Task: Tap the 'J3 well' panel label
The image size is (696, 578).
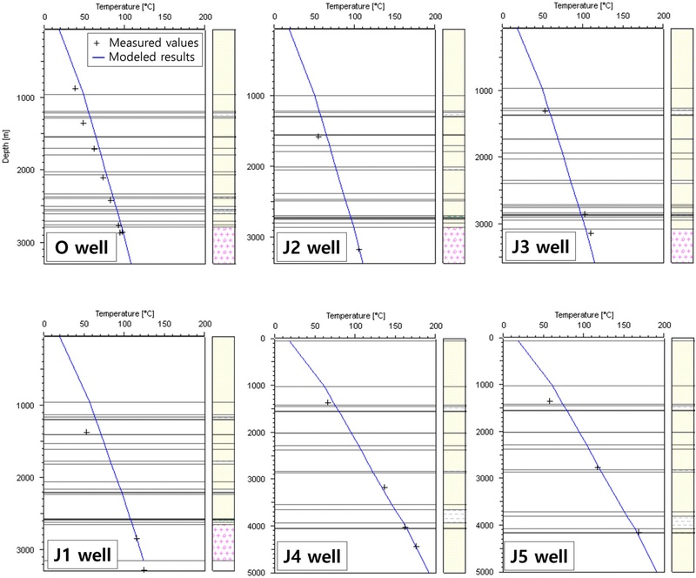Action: (541, 245)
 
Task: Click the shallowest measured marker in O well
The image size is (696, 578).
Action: (76, 89)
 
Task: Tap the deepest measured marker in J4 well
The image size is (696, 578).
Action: (416, 547)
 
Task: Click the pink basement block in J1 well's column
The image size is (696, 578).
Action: (224, 541)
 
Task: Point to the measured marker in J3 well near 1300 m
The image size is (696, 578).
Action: (545, 111)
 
